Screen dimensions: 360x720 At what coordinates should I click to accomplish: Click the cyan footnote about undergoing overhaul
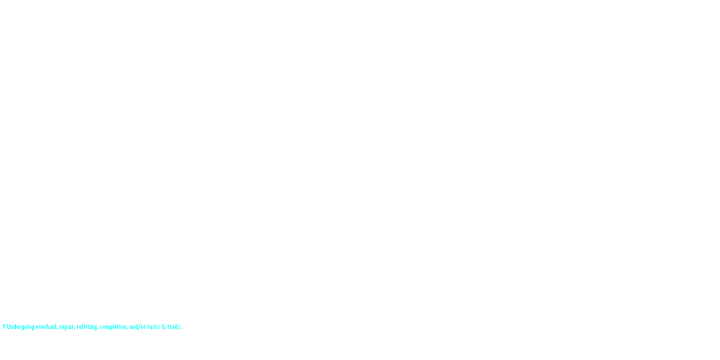point(92,327)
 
